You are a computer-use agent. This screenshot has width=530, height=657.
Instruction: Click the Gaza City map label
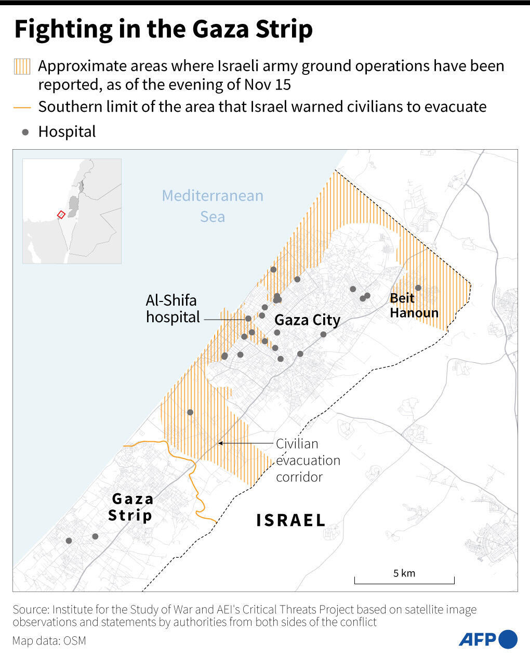307,320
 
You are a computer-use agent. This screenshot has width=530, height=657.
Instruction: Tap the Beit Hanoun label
414,305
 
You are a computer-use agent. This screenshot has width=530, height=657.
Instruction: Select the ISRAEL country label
291,520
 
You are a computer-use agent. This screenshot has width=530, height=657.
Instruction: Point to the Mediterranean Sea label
213,206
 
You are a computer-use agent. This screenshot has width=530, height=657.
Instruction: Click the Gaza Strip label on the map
131,507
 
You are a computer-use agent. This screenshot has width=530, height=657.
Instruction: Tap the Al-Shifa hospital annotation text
173,308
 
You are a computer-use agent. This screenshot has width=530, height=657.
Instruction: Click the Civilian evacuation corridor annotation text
308,460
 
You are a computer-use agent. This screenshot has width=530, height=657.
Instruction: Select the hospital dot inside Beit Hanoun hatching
418,287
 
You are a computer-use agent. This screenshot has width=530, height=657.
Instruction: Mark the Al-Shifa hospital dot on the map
248,319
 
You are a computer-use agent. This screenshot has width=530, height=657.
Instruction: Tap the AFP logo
487,639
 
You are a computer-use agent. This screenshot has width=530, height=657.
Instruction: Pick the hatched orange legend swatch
22,67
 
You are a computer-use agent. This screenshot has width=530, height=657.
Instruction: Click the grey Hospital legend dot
25,132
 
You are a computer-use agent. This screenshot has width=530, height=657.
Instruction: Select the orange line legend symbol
22,108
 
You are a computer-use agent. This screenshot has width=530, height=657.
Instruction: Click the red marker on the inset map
61,214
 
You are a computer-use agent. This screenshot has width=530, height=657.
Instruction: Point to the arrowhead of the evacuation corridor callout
220,443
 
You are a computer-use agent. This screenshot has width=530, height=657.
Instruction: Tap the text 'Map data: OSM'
49,640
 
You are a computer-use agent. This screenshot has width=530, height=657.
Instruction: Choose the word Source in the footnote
30,609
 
